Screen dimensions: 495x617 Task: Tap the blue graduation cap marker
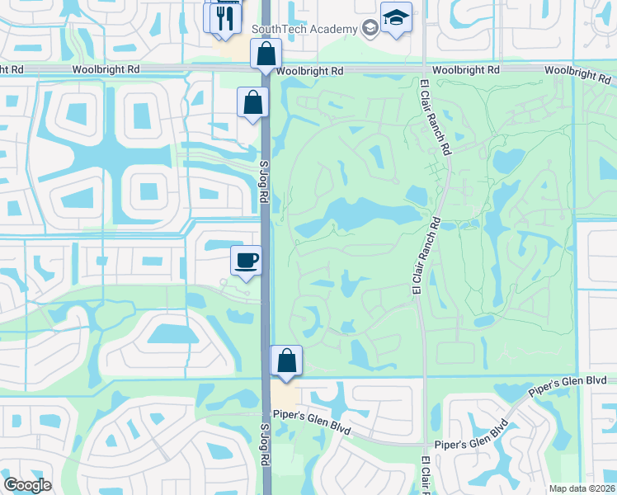tap(396, 18)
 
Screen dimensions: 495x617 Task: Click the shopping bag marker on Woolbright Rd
tap(266, 55)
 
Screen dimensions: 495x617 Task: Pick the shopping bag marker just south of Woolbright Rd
tap(252, 103)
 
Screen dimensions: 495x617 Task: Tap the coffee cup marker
tap(246, 262)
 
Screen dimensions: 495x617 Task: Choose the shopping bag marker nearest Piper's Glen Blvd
tap(286, 361)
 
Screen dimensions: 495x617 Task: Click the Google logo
tap(27, 485)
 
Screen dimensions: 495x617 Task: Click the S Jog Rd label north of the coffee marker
tap(265, 185)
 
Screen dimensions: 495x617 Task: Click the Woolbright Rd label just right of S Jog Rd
tap(310, 72)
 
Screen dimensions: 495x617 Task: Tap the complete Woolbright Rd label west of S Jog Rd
tap(106, 70)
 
